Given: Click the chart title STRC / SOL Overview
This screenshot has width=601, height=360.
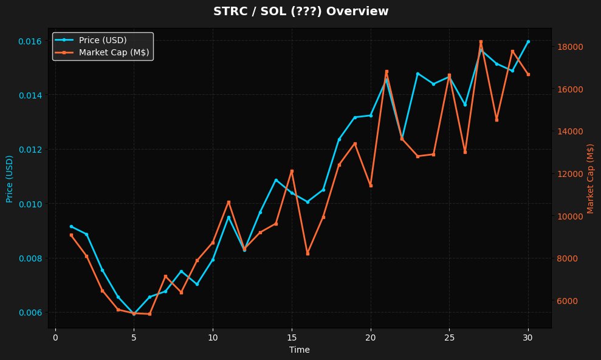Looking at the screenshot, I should [x=301, y=11].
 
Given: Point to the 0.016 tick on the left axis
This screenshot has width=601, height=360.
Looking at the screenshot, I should [x=30, y=41].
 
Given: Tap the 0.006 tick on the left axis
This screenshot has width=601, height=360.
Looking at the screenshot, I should [x=30, y=313].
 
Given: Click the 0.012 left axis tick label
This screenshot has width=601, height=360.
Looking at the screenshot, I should [x=30, y=150].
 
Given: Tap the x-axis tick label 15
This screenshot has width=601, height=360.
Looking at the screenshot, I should [x=292, y=337].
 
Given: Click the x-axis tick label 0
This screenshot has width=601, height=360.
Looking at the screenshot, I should [x=55, y=337].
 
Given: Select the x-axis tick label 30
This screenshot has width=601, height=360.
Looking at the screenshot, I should [x=528, y=337].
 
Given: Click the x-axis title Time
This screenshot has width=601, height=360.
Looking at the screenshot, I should [x=300, y=350].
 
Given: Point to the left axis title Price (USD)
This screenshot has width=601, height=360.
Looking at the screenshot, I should [x=10, y=178].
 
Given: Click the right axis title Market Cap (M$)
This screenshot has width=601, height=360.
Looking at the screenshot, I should [x=590, y=178].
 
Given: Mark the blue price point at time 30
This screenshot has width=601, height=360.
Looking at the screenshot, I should [x=528, y=41].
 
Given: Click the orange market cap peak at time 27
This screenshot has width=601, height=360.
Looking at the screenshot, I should [x=481, y=41].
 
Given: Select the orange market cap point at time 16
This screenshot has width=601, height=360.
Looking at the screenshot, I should [x=307, y=254].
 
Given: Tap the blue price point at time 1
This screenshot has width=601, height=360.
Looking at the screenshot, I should [x=71, y=226].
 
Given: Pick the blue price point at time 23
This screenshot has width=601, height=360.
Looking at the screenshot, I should [x=417, y=74].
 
